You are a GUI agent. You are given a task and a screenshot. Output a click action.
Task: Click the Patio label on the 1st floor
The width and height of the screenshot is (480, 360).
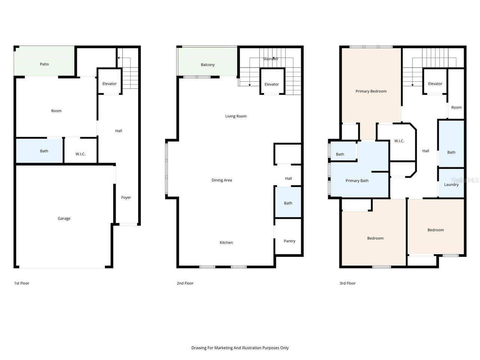44,64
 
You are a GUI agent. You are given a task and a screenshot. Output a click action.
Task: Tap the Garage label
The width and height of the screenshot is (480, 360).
64,218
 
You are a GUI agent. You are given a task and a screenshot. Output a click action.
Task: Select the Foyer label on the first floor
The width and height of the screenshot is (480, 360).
126,197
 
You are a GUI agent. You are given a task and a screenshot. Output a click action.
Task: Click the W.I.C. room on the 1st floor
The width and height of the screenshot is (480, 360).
80,154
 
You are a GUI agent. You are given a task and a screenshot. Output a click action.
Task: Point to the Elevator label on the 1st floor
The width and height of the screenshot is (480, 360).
109,84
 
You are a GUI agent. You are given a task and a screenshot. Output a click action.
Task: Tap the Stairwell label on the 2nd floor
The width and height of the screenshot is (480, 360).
270,59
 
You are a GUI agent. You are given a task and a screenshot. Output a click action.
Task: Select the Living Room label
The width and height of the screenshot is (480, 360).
236,116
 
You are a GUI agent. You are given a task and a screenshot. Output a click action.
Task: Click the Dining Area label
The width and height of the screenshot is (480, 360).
222,180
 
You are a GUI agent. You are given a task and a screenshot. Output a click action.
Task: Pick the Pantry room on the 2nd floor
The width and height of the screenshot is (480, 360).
289,241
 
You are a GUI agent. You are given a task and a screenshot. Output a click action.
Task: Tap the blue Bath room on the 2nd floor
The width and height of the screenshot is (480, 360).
288,203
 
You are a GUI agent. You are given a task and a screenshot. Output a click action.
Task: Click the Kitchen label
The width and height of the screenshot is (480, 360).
226,243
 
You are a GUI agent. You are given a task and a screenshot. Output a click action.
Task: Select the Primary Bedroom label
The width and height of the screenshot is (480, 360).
371,91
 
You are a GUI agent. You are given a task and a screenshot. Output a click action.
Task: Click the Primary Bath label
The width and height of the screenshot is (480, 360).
357,181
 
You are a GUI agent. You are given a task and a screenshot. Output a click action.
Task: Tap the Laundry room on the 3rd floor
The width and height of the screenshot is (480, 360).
451,184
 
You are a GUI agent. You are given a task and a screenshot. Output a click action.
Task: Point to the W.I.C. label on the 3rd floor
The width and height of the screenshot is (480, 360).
399,141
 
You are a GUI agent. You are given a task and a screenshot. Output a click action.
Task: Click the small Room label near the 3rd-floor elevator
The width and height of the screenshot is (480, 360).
456,107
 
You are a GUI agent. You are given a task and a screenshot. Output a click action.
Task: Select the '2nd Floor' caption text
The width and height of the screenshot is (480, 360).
185,283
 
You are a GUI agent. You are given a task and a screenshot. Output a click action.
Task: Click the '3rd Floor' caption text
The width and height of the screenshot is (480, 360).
347,283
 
